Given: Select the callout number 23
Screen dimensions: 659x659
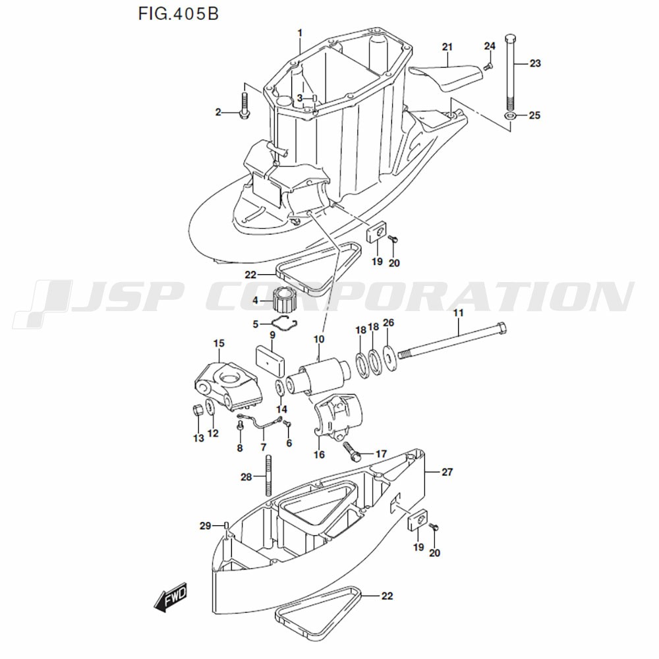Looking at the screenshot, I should click(534, 63).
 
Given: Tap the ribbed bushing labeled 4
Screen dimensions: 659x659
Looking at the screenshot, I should click(283, 301).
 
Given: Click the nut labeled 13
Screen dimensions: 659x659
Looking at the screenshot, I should click(197, 411).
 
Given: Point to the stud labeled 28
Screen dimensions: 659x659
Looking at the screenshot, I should click(268, 478).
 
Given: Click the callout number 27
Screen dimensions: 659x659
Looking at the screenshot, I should click(447, 472).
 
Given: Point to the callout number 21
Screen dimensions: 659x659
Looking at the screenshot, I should click(447, 47).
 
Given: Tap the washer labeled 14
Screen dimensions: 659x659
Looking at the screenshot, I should click(280, 387).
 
